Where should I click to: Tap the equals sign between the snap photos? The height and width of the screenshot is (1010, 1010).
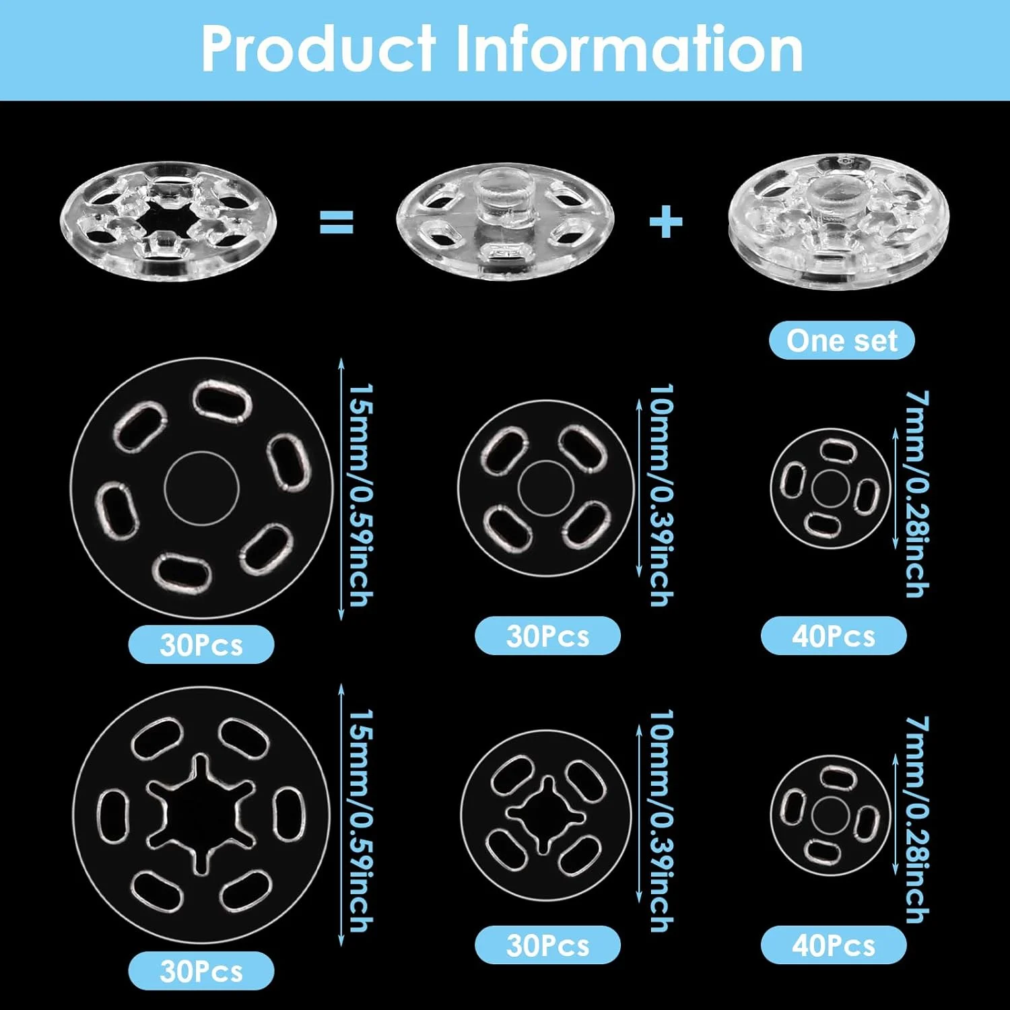click(x=336, y=222)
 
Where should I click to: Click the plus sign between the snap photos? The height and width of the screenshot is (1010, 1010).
click(x=666, y=222)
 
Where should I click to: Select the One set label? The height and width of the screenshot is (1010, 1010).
click(x=842, y=341)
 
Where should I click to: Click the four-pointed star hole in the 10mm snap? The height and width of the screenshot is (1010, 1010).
click(x=546, y=815)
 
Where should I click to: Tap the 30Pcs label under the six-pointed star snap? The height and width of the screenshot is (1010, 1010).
click(x=201, y=971)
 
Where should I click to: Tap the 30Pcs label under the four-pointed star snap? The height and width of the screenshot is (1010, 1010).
click(x=547, y=945)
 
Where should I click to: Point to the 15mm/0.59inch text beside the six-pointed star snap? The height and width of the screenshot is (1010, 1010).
click(x=361, y=820)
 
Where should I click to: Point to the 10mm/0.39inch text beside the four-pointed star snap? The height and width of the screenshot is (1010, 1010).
click(x=661, y=820)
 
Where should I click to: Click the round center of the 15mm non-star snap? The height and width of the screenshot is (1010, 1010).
click(x=202, y=488)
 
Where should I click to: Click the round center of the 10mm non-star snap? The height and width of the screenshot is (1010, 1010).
click(x=546, y=489)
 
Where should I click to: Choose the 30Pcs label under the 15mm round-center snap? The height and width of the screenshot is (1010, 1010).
click(x=201, y=644)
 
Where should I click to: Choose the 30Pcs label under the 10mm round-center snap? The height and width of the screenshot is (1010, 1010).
click(x=547, y=636)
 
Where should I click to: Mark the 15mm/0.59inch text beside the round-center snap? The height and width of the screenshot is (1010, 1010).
click(x=361, y=495)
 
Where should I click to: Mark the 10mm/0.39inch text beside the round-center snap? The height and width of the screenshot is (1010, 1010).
click(x=661, y=495)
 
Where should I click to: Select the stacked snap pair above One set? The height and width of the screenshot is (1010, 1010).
click(x=839, y=222)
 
